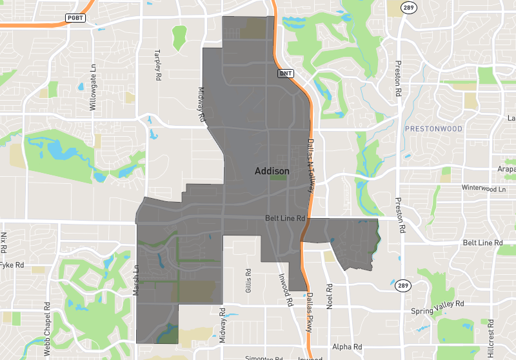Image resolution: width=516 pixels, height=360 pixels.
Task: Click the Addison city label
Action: click(x=272, y=171)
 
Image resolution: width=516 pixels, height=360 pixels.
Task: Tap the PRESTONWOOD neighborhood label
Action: click(x=435, y=129)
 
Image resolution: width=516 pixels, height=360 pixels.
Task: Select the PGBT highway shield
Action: click(x=75, y=17)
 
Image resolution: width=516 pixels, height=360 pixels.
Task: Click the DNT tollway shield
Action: click(x=286, y=74)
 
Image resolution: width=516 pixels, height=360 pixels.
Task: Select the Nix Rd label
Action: click(x=4, y=242)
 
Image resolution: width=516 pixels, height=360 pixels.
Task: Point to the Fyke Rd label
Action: click(x=11, y=265)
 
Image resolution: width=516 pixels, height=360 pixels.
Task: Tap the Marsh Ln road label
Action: click(x=136, y=280)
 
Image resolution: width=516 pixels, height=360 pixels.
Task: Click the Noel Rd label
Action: click(x=329, y=297)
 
